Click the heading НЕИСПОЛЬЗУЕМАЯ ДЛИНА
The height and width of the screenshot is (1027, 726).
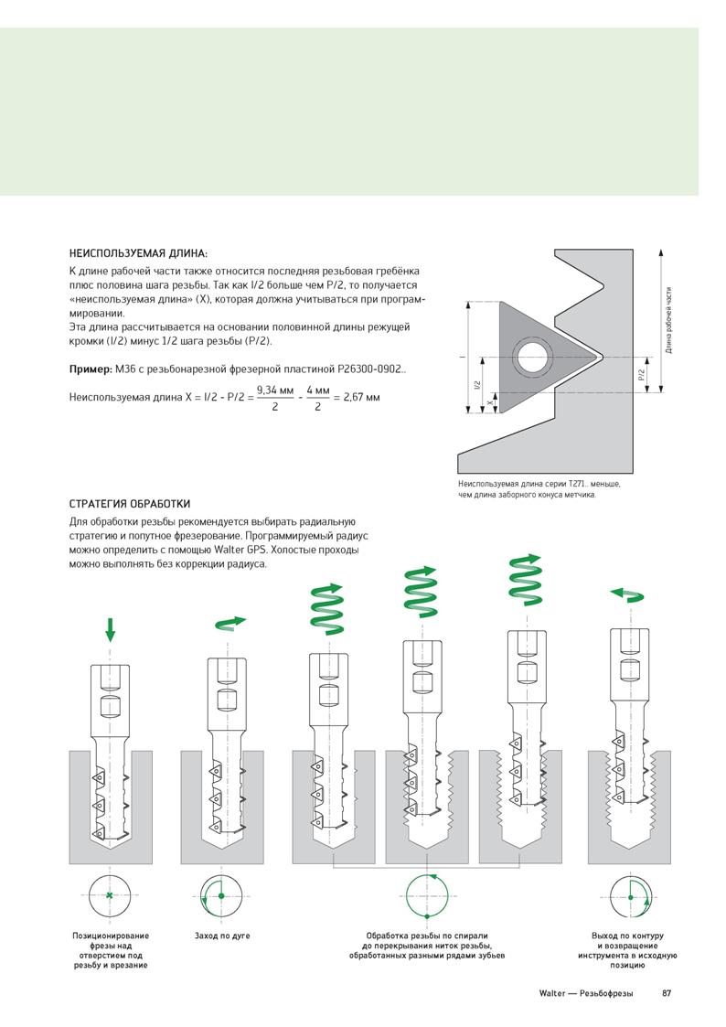pos(138,253)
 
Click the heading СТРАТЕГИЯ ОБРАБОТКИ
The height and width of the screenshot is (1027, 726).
pos(130,504)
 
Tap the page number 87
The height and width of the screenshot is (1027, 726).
pos(667,993)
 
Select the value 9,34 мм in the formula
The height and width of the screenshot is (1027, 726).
pos(275,390)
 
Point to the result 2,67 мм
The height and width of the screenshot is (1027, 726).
pos(361,397)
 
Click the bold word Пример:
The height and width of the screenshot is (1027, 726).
pos(91,369)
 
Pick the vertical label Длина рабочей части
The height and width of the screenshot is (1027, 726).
pos(669,320)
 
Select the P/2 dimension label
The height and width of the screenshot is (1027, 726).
pos(642,375)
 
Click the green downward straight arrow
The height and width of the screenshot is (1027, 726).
pos(110,629)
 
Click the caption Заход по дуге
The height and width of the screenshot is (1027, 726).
pos(222,936)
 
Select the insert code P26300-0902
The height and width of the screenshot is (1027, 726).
pos(371,369)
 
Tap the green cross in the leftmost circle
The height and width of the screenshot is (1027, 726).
pos(110,895)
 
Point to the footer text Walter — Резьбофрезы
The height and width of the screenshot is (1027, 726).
pos(586,993)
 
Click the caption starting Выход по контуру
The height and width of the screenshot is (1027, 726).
pos(627,950)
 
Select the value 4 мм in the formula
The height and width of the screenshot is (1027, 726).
pos(317,390)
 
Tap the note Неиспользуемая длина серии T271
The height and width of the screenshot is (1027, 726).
pos(539,489)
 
